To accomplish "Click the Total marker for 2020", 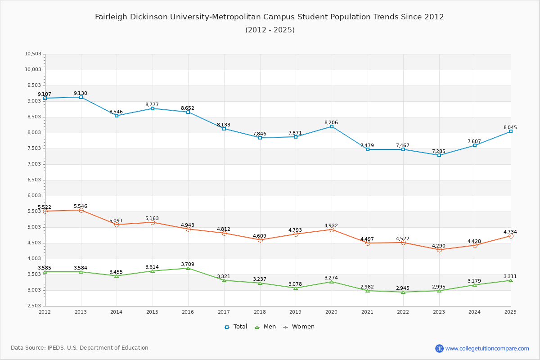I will click(x=332, y=126).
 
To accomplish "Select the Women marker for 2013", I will click(x=81, y=210).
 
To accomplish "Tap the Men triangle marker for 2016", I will click(x=188, y=268).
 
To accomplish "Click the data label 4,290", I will click(x=439, y=246).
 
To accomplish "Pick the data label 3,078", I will click(x=296, y=283).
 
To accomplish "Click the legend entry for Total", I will click(x=236, y=327).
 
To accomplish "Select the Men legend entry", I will click(x=266, y=327).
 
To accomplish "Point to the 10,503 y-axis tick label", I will click(x=33, y=54).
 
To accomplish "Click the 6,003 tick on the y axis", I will click(x=34, y=196).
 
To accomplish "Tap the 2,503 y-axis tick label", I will click(x=34, y=306).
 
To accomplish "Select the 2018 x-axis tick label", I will click(x=260, y=312).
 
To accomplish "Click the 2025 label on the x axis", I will click(x=510, y=312).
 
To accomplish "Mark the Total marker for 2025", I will click(x=511, y=131).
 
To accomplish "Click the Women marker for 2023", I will click(x=439, y=250).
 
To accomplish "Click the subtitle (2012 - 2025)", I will click(x=270, y=30).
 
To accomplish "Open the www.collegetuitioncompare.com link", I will click(x=487, y=348).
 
